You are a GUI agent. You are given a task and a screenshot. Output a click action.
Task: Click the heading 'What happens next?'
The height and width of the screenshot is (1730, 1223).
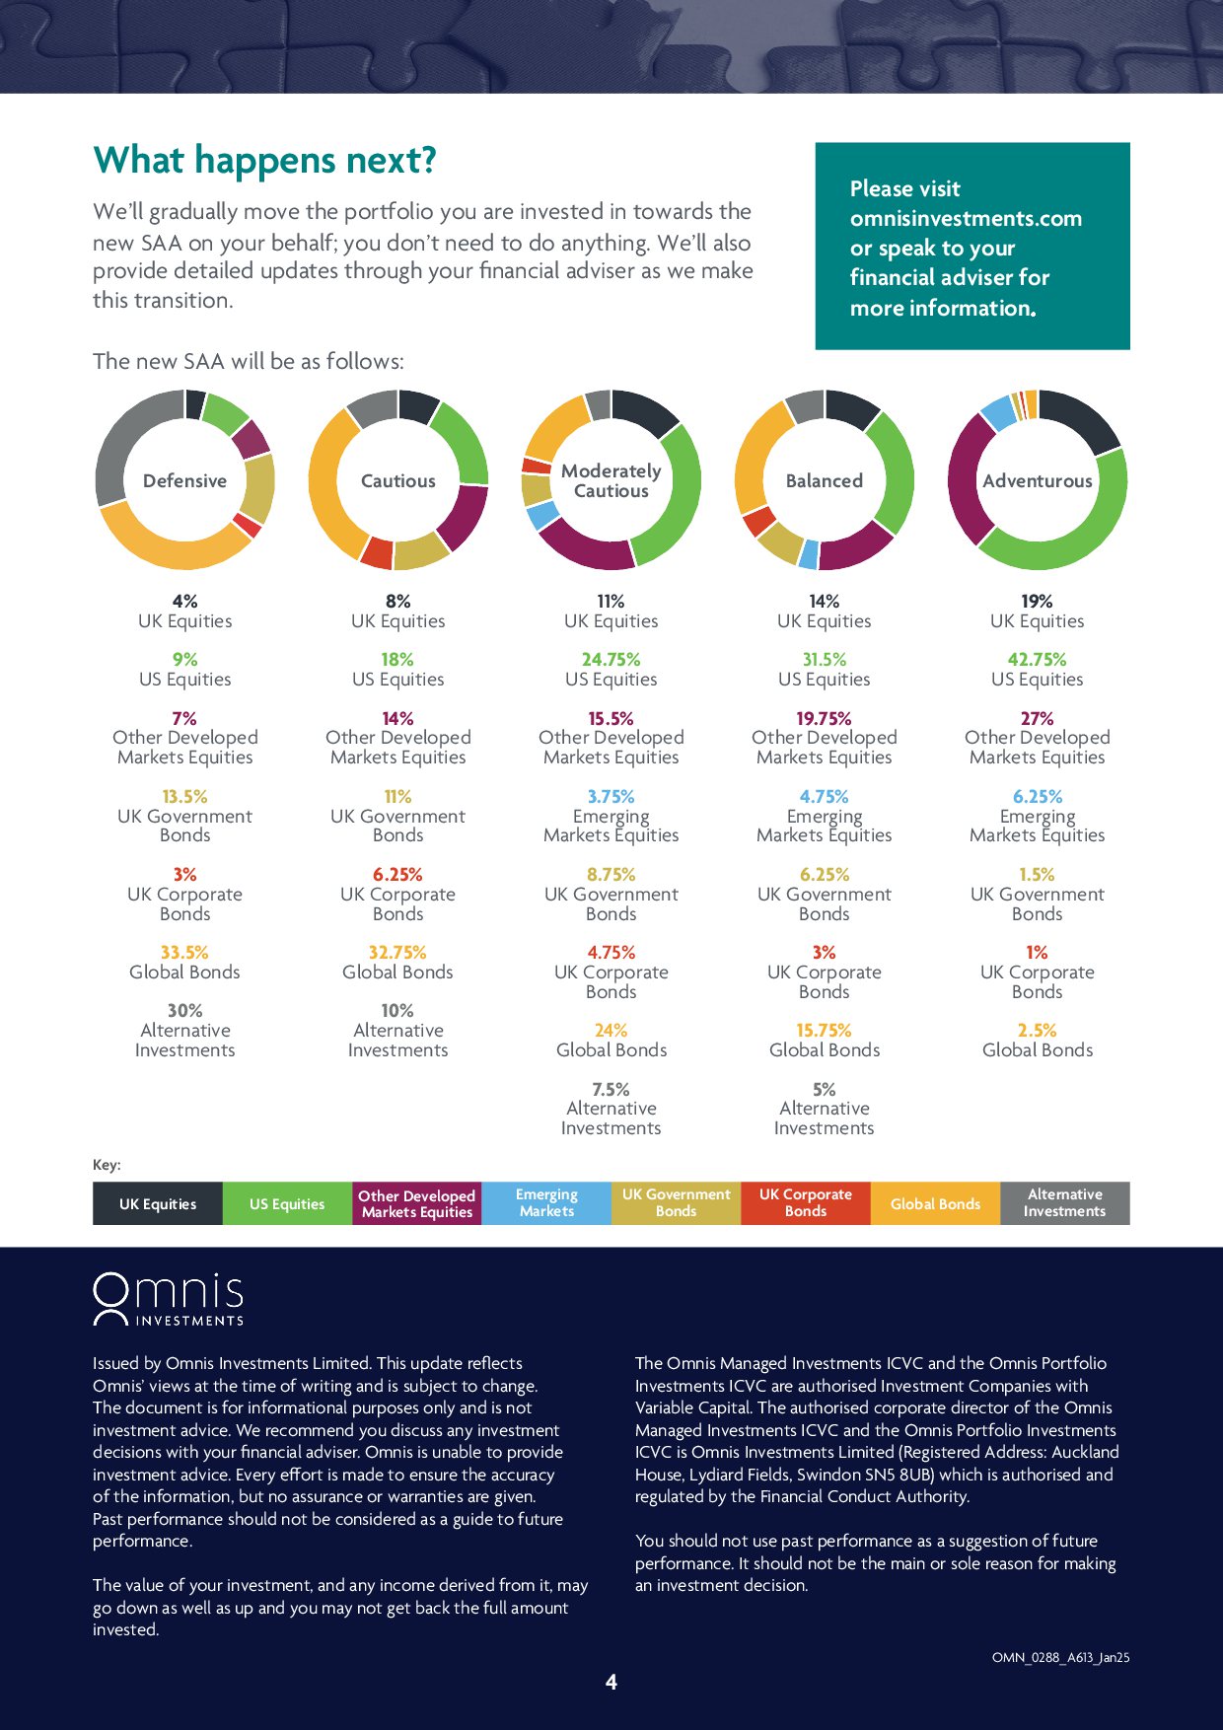click(264, 161)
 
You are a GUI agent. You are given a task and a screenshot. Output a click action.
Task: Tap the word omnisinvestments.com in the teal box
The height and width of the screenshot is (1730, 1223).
click(966, 219)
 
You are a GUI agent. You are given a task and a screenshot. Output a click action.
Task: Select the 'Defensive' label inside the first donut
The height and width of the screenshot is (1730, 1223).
click(184, 481)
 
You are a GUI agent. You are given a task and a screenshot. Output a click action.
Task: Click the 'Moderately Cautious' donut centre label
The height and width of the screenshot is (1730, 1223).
click(611, 481)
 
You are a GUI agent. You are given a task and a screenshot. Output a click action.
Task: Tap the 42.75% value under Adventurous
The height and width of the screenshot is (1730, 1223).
click(1037, 660)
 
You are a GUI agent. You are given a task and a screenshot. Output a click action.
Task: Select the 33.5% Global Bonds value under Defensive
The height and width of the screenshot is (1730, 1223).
click(184, 953)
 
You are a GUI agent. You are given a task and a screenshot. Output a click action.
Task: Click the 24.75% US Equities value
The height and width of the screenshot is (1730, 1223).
click(611, 660)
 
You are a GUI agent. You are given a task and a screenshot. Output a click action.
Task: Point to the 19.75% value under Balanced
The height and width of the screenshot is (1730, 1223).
click(824, 719)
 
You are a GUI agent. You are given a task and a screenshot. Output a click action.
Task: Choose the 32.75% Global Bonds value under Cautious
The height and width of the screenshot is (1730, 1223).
click(397, 953)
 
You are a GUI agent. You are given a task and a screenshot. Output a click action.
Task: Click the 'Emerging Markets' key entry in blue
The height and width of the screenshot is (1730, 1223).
click(546, 1203)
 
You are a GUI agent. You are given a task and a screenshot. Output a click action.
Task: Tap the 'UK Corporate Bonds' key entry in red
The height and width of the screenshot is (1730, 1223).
click(805, 1203)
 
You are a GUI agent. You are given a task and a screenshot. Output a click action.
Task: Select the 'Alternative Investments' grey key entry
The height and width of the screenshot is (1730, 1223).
click(1064, 1203)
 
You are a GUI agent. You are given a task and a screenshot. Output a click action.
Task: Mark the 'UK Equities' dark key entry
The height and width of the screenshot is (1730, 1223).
click(158, 1204)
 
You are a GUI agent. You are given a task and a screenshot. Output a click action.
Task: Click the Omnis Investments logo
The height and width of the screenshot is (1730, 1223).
click(169, 1299)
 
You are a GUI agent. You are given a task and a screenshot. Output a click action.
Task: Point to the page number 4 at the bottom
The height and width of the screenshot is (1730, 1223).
click(611, 1683)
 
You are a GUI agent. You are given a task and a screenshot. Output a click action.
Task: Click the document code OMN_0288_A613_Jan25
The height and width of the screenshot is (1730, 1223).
click(1060, 1658)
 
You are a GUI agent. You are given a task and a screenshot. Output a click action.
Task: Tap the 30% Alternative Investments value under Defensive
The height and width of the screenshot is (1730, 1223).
click(184, 1011)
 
